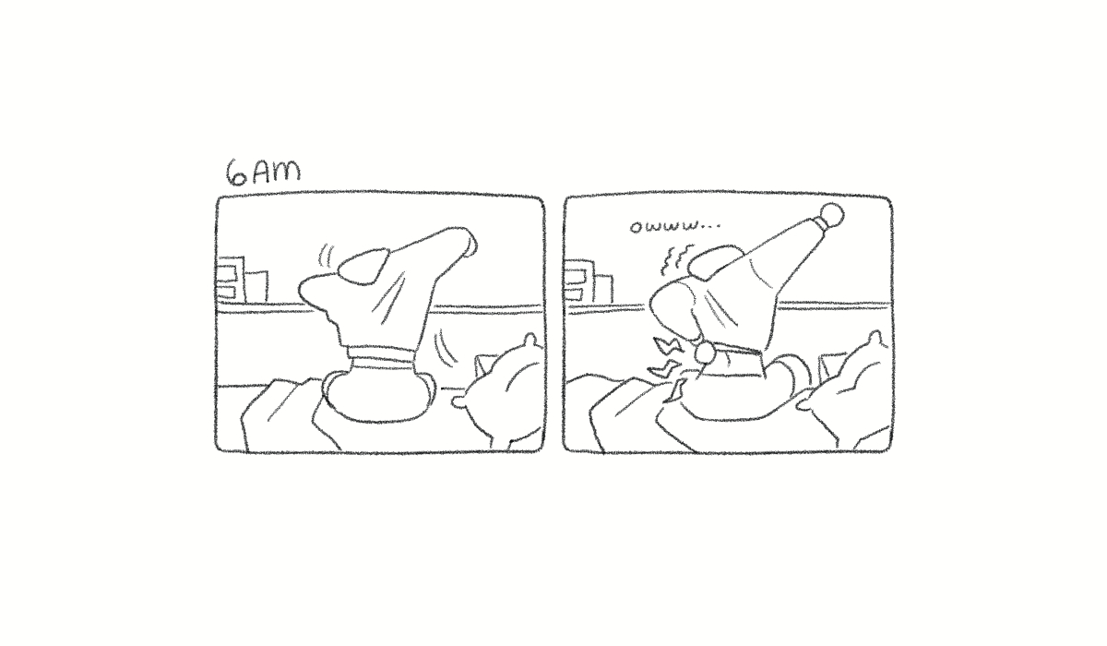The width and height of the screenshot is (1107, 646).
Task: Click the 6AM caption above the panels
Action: (x=263, y=173)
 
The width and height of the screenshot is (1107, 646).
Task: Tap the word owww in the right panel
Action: (x=666, y=226)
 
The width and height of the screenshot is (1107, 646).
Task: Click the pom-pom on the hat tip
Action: (x=831, y=216)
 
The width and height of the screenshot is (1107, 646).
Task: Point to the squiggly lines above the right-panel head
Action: (x=674, y=259)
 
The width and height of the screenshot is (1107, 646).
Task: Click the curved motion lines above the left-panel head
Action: (x=325, y=256)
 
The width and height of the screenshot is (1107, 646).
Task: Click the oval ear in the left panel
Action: (x=363, y=267)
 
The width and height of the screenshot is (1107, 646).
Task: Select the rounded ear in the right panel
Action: (x=715, y=261)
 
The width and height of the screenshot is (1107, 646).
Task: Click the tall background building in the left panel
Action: (x=232, y=280)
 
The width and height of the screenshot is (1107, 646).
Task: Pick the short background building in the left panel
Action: (x=256, y=286)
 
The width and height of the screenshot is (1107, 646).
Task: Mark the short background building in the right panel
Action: (x=603, y=289)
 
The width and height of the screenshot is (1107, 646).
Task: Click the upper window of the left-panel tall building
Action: (x=227, y=273)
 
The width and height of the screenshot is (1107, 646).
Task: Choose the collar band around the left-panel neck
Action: (x=380, y=360)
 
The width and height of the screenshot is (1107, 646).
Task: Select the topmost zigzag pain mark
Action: (x=666, y=344)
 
